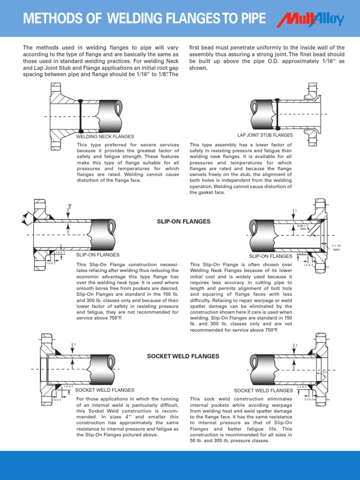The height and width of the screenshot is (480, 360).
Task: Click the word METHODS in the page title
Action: [49, 19]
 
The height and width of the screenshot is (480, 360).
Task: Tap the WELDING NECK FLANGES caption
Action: [105, 136]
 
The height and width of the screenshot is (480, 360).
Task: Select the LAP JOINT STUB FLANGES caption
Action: [265, 135]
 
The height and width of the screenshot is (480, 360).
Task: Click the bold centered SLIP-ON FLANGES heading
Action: [184, 221]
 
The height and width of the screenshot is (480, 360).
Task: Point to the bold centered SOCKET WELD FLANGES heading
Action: [183, 356]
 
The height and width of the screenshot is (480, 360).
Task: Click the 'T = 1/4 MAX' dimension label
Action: [336, 247]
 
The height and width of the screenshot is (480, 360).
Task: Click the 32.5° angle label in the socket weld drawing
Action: [324, 373]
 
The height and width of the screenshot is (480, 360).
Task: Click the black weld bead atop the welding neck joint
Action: [81, 101]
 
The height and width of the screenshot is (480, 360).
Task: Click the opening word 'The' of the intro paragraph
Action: [28, 48]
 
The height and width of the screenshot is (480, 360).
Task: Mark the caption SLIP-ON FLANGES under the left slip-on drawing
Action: [97, 255]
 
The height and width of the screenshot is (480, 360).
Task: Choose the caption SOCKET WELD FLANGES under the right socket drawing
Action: [263, 390]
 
